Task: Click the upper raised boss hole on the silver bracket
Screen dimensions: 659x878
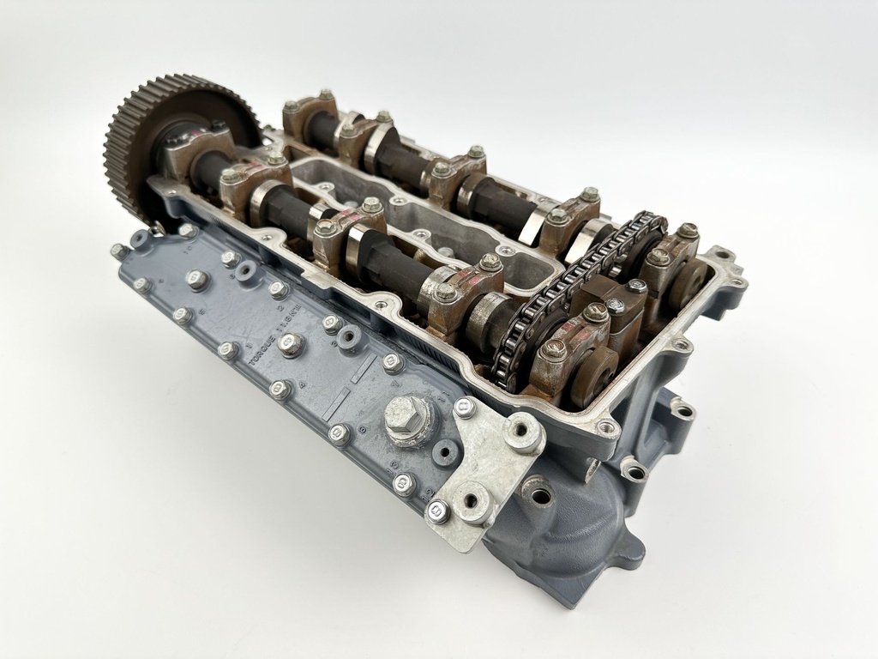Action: [523, 433]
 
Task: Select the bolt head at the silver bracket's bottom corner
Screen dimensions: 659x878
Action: [436, 512]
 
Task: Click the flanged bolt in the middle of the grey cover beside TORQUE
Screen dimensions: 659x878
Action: [291, 346]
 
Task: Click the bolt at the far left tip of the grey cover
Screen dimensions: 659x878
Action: [120, 251]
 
